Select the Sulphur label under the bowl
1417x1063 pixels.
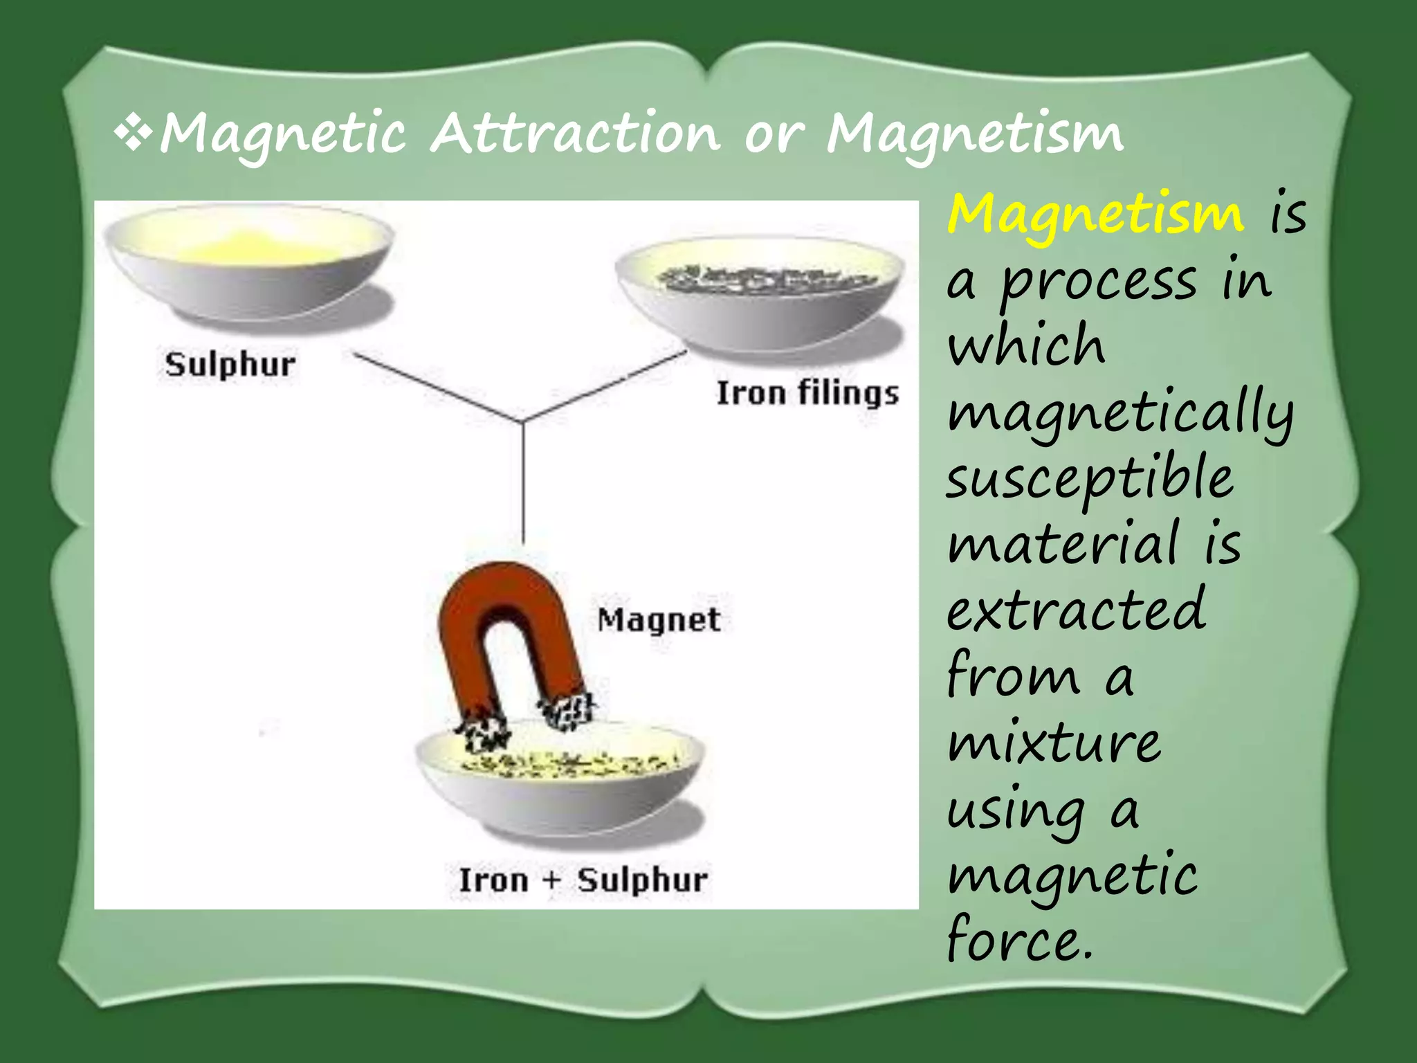pyautogui.click(x=230, y=365)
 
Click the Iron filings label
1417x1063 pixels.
pyautogui.click(x=807, y=393)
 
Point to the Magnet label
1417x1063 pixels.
pyautogui.click(x=659, y=619)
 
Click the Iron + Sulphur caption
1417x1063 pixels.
pyautogui.click(x=583, y=880)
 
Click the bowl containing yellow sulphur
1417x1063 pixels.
pyautogui.click(x=249, y=270)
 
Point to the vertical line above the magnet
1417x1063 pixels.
pyautogui.click(x=523, y=484)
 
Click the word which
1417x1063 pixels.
pyautogui.click(x=1027, y=345)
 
